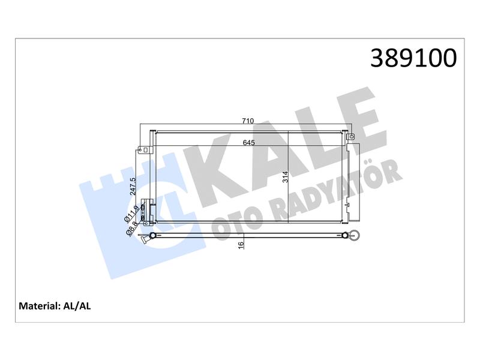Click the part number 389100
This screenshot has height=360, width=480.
413,58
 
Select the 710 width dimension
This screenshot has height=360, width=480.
248,121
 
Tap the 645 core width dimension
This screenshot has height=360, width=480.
248,143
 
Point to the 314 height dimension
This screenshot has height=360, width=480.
286,177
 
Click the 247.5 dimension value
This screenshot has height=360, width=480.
133,187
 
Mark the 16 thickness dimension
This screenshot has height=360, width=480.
241,245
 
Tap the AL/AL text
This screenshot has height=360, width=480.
77,306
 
